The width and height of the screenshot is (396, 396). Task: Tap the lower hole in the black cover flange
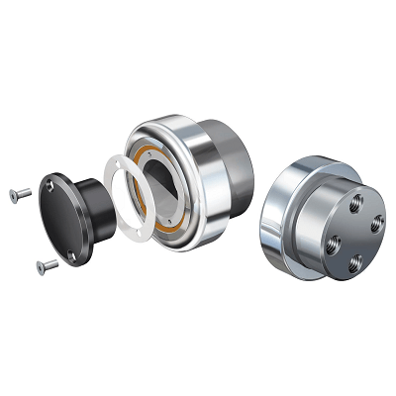pyautogui.click(x=72, y=254)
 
